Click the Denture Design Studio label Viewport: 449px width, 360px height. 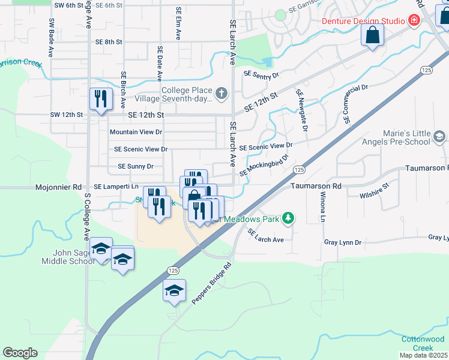[363, 21]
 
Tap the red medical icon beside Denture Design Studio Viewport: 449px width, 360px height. [414, 21]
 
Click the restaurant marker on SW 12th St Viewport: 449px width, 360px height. [100, 99]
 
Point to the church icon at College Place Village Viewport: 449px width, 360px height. [221, 92]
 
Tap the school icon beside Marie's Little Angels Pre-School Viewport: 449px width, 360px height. [439, 138]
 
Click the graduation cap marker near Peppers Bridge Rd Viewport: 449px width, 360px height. [175, 291]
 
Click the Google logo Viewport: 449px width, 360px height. [20, 353]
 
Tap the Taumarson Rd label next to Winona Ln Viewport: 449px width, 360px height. [316, 187]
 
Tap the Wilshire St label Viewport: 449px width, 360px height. [373, 196]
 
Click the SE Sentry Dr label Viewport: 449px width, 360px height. [262, 74]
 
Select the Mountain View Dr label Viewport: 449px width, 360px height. [136, 132]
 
